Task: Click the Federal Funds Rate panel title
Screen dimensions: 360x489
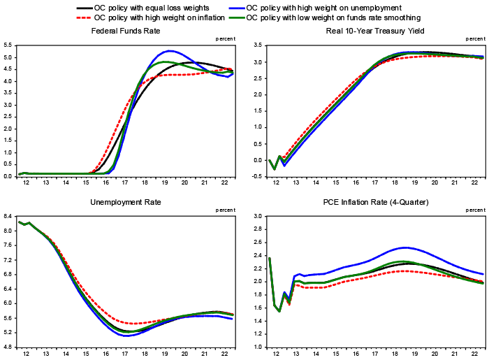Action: (x=126, y=31)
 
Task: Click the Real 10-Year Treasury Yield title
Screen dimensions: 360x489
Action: (x=374, y=31)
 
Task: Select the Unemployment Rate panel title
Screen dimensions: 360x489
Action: (x=126, y=202)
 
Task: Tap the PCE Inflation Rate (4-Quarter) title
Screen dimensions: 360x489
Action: (x=374, y=202)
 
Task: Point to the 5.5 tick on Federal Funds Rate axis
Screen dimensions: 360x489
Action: (x=8, y=45)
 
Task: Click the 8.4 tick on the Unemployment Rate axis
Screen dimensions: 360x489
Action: (x=8, y=217)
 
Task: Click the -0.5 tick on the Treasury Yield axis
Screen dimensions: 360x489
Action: (x=256, y=176)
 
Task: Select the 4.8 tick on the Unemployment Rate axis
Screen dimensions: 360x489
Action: (x=8, y=347)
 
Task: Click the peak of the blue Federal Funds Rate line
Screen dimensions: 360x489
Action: (x=170, y=51)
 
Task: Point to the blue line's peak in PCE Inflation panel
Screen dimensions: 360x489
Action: (x=404, y=247)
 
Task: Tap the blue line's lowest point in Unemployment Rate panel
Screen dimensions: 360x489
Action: (x=127, y=336)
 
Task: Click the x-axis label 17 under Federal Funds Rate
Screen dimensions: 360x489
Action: (x=124, y=183)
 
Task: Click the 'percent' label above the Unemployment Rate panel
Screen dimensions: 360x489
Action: (x=225, y=210)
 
